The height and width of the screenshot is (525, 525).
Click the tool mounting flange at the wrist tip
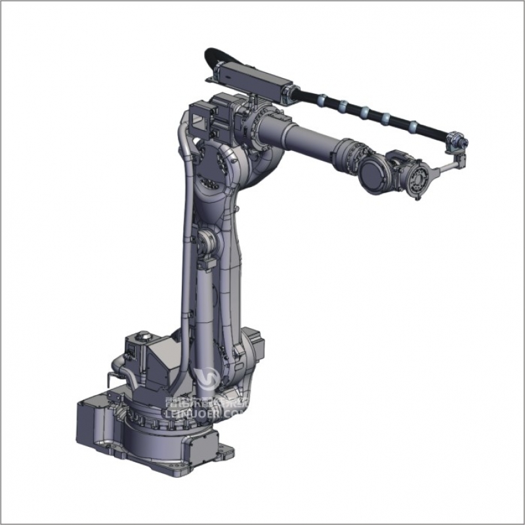pos(417,181)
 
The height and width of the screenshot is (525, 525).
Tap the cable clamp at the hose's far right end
pos(457,142)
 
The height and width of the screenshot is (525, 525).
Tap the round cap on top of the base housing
pos(144,337)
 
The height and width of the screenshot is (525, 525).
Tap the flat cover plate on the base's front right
pos(197,453)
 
